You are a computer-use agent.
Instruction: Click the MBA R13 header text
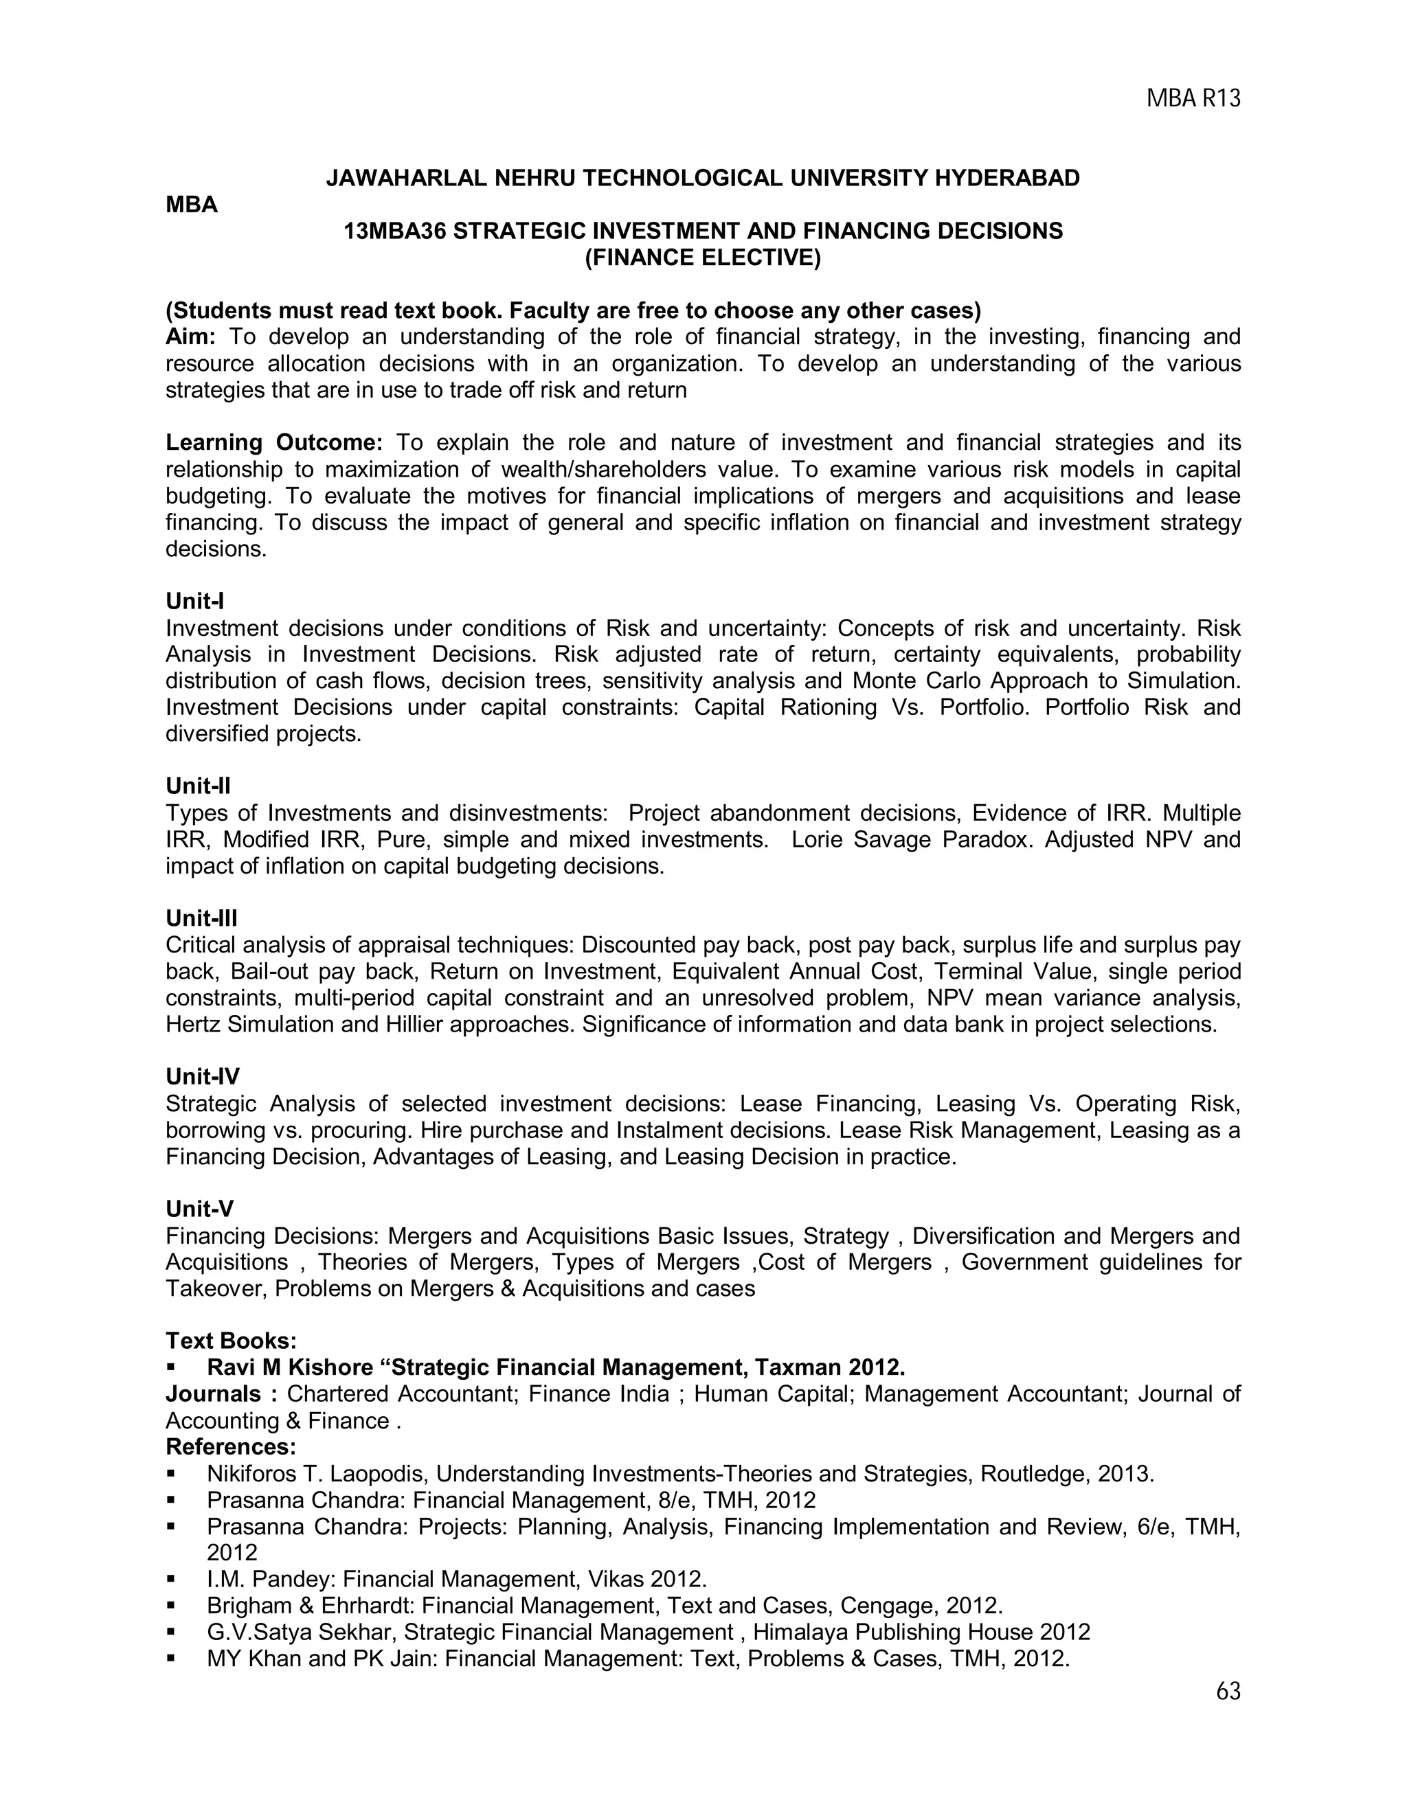(1193, 99)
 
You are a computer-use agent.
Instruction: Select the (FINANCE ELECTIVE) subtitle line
(703, 258)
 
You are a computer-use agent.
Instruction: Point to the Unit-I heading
(195, 601)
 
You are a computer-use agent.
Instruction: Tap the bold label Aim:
(191, 337)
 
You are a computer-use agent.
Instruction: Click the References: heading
(231, 1446)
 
